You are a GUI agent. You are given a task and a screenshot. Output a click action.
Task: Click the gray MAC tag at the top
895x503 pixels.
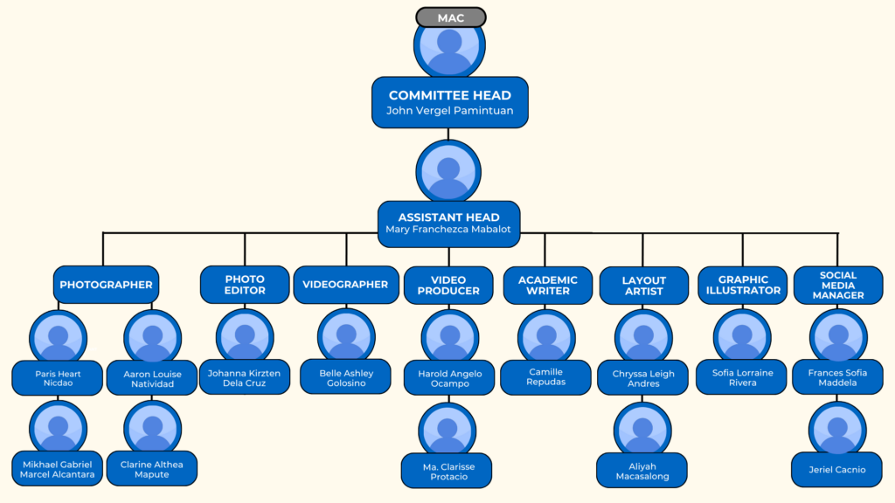[450, 17]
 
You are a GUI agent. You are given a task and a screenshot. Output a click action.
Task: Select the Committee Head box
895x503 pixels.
[449, 102]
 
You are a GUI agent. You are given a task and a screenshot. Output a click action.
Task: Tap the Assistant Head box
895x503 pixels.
[448, 223]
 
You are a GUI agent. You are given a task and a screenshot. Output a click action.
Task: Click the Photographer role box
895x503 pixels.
[106, 285]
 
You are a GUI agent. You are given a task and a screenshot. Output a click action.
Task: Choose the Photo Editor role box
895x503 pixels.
[245, 285]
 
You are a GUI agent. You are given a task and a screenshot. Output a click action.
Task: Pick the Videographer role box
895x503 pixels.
[345, 285]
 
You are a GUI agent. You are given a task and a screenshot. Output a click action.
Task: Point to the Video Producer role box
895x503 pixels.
[448, 285]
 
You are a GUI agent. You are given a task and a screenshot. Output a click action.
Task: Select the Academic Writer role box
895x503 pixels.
[547, 285]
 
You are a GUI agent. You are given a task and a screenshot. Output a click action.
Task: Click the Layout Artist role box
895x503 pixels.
[644, 286]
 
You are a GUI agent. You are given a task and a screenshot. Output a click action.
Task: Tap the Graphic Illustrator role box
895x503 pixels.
[743, 285]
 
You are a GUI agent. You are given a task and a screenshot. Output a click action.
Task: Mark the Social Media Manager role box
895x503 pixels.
[838, 285]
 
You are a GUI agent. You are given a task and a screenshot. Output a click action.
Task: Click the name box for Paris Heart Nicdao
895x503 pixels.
[59, 378]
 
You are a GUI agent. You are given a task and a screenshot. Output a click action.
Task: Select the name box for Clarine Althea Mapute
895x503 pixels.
[152, 469]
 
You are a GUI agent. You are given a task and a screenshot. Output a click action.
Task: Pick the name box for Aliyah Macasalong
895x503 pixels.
[642, 471]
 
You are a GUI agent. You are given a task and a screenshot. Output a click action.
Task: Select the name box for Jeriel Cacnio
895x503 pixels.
[837, 470]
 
